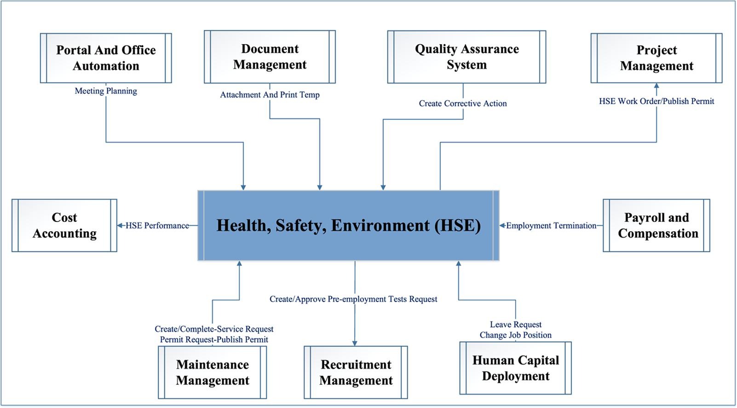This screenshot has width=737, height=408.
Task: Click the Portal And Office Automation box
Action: (106, 58)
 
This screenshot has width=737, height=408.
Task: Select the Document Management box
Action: (270, 57)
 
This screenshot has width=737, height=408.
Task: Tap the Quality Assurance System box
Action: (466, 57)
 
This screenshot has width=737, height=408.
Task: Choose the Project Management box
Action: (656, 58)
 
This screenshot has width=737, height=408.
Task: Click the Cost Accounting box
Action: (64, 225)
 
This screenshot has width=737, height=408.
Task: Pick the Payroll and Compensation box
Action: (656, 225)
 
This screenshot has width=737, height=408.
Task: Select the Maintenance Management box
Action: (212, 372)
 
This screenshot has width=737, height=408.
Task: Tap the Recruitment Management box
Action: (356, 372)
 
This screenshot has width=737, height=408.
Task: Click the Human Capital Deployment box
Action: (516, 368)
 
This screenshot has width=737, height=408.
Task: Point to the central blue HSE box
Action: (348, 226)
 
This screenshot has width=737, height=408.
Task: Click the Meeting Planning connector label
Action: (106, 91)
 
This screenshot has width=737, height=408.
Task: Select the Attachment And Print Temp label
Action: (270, 95)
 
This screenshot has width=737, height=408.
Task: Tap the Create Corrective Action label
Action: (463, 104)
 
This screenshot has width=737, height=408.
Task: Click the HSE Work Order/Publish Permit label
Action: (656, 101)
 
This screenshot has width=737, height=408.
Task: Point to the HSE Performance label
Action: (157, 226)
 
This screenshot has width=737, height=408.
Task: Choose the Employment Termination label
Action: (551, 226)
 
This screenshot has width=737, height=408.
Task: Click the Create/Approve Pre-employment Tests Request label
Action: (353, 299)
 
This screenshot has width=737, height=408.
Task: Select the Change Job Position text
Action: (516, 335)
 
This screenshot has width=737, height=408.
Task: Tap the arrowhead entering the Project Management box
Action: (656, 85)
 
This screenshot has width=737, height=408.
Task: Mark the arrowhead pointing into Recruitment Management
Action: (355, 344)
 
